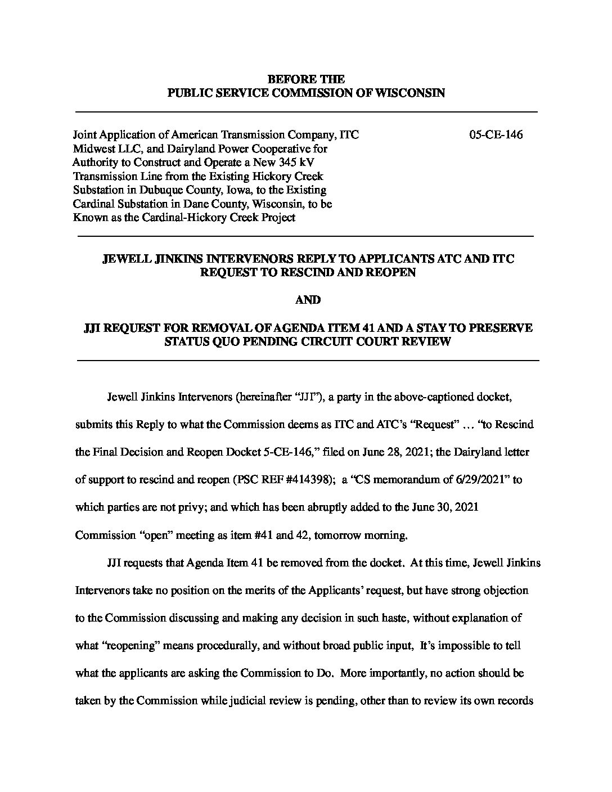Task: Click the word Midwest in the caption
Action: [93, 149]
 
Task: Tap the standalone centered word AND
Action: [308, 300]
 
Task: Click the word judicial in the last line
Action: [247, 701]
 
